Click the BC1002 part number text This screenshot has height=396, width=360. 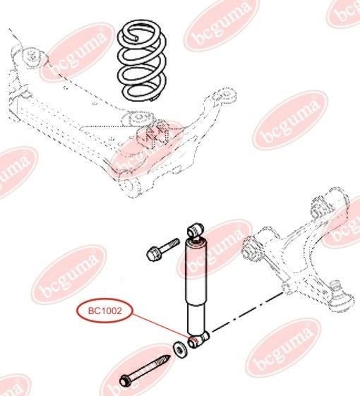coord(105,311)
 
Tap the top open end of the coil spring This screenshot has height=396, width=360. coord(137,38)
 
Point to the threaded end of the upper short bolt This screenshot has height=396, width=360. coord(175,242)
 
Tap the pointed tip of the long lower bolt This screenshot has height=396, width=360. coord(168,358)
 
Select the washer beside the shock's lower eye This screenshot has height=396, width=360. coord(180,350)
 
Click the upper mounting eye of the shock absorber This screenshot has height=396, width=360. coord(196,229)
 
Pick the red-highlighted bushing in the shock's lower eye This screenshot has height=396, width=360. coord(193,342)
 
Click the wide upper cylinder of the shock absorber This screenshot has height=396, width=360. coord(196,272)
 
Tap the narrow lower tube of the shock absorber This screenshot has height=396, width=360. coord(197,318)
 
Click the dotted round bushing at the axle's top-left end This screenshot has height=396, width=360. coord(32,57)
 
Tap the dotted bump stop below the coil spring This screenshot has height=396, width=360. coord(155,133)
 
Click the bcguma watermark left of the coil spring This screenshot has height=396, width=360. coord(78,52)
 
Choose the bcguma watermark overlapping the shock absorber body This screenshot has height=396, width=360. coord(215,249)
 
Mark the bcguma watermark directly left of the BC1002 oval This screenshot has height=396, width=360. coord(68,275)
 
